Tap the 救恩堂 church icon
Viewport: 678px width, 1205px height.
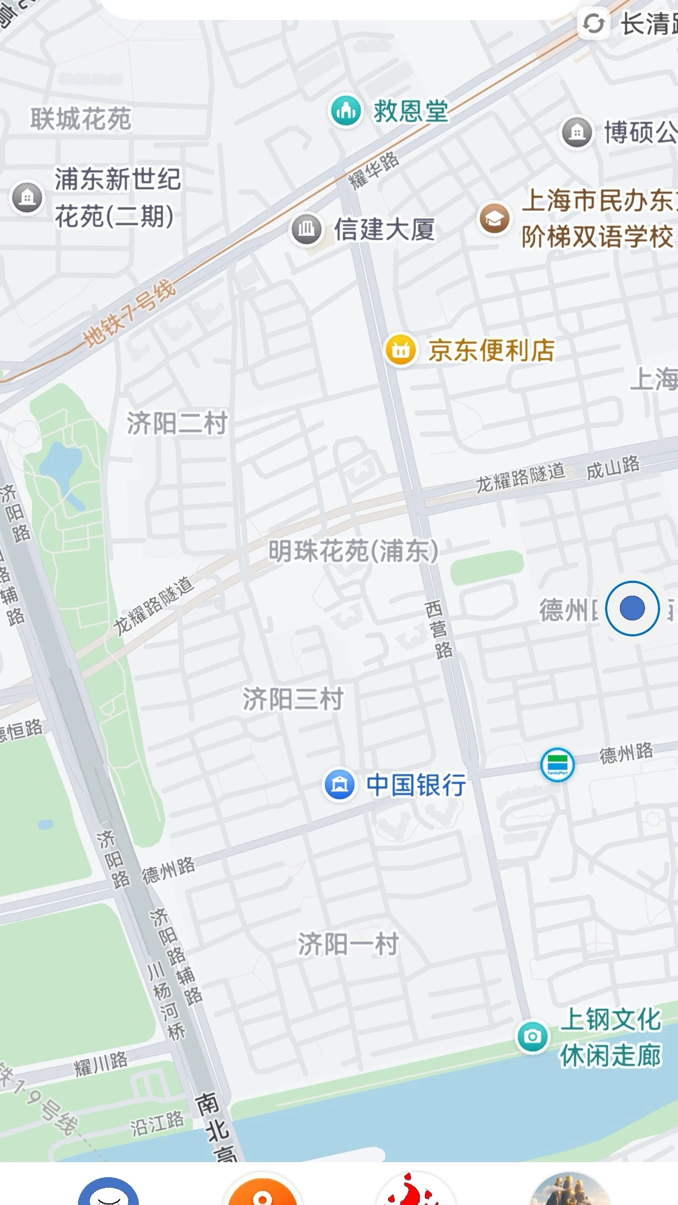(x=346, y=111)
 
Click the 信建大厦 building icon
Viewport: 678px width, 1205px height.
(x=306, y=229)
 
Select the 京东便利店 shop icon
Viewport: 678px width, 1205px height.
(x=401, y=350)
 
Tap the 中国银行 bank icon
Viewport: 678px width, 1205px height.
(x=340, y=784)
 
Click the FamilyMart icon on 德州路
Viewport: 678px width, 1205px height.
(x=557, y=765)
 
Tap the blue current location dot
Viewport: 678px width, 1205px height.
(x=632, y=608)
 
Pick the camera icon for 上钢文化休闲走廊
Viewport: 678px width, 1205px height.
(x=532, y=1036)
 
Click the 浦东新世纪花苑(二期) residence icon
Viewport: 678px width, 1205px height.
(x=27, y=197)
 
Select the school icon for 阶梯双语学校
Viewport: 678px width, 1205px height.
(x=494, y=219)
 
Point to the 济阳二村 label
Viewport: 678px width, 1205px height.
(x=177, y=424)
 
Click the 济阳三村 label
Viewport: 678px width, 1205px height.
(x=293, y=699)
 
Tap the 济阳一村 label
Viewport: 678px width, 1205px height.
(x=348, y=944)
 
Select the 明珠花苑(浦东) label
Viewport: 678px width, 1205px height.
(x=353, y=551)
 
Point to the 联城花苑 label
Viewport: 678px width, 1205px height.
(x=81, y=119)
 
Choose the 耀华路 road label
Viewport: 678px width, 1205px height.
(x=374, y=171)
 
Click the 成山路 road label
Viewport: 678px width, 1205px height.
(x=613, y=467)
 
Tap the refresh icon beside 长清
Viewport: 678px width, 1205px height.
(x=593, y=24)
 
